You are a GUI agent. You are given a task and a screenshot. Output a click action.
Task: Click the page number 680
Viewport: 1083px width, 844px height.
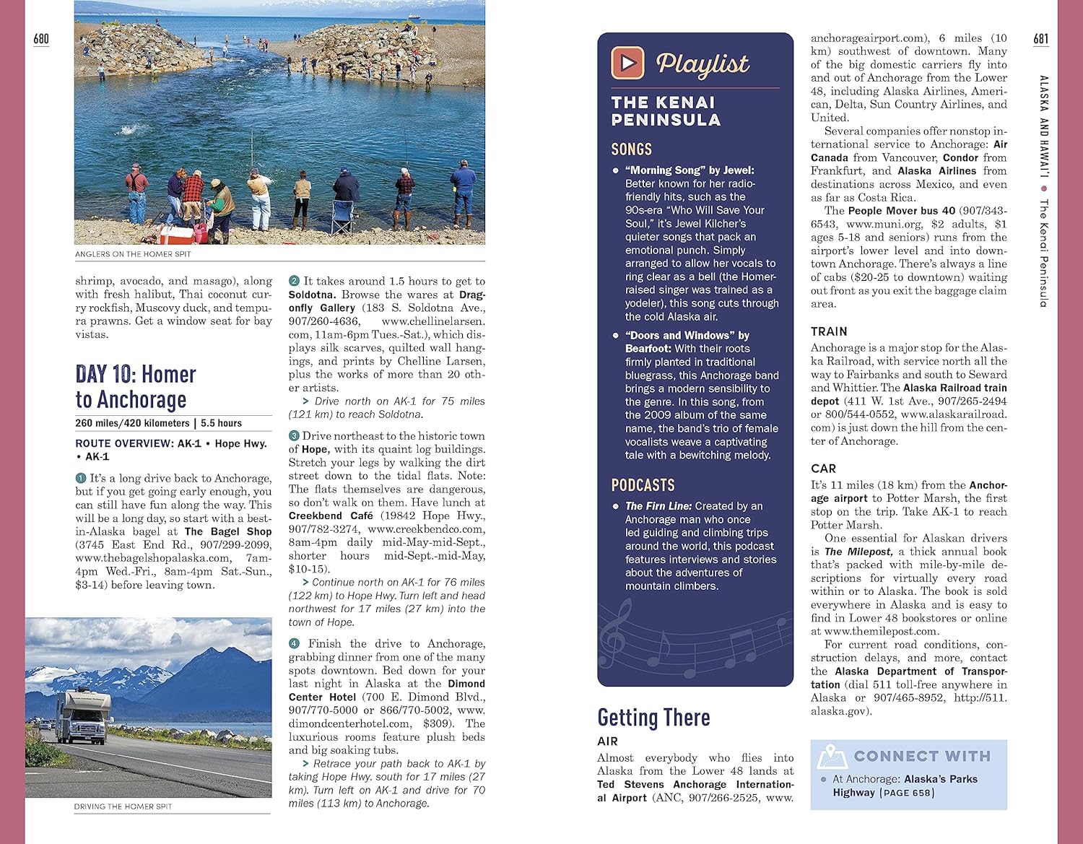(41, 38)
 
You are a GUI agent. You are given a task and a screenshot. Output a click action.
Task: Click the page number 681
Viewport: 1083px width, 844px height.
(1040, 38)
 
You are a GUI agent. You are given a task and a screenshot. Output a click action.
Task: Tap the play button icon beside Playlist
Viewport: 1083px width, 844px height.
(627, 63)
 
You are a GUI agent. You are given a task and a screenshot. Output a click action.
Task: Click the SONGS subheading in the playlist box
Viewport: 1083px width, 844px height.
(631, 149)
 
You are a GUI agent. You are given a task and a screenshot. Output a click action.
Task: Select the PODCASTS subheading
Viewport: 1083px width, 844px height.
(643, 485)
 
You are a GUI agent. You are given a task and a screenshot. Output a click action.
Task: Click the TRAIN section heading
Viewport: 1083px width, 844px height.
(828, 331)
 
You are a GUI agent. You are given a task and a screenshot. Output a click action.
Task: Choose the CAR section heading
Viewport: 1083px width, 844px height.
(823, 469)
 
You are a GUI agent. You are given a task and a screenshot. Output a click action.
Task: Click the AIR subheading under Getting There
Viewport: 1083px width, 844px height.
(607, 741)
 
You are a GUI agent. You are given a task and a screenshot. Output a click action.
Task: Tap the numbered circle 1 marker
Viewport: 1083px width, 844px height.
(81, 478)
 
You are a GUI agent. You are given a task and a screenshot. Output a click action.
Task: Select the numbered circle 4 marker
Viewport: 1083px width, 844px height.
(294, 643)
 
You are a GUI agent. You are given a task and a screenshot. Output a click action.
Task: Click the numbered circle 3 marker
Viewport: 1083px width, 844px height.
(294, 435)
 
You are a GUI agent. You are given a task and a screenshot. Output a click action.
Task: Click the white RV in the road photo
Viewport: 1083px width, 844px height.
(81, 717)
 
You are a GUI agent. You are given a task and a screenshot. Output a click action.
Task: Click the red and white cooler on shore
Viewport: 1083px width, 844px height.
(175, 234)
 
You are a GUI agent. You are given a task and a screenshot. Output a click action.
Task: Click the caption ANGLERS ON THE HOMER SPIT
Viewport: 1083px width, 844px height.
(133, 254)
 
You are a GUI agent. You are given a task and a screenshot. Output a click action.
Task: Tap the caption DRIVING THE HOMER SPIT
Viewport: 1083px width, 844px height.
(123, 806)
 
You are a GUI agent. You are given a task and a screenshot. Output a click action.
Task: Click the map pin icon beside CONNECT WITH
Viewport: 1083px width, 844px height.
(832, 757)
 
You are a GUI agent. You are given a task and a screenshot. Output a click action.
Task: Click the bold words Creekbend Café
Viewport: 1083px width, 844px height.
(331, 515)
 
